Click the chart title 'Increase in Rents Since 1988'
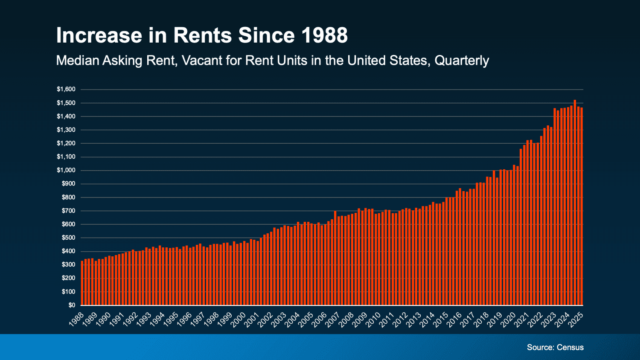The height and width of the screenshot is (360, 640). coord(202,35)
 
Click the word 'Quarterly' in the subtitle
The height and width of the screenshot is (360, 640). coord(462,61)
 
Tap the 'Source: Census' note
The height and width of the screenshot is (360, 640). coord(555,347)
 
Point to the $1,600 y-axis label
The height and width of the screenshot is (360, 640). coord(66,89)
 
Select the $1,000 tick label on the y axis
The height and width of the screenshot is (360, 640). coord(66,170)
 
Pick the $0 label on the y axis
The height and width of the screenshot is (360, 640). coord(71,305)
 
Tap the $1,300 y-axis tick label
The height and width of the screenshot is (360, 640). coord(66,130)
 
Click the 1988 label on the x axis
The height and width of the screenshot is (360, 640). coord(77,319)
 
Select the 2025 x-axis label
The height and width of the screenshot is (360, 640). coord(576,319)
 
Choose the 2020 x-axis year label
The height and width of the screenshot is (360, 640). coord(509,319)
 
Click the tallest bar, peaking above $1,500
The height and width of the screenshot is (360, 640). coord(575,203)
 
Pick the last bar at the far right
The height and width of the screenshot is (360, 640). coord(582,206)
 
